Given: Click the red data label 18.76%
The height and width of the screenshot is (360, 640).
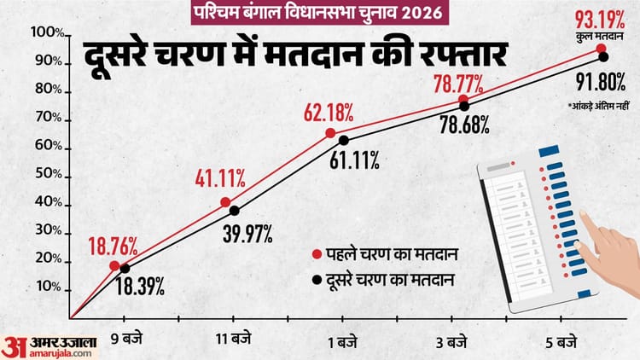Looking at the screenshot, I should point(113,247).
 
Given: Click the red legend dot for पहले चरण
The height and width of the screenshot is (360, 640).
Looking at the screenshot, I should point(317,254).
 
